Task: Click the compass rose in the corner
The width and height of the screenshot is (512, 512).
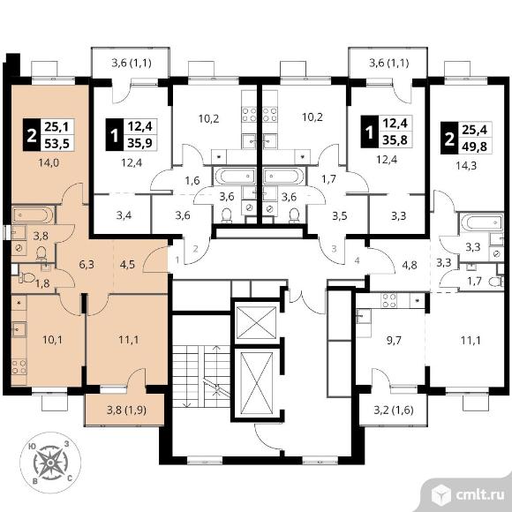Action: pos(50,463)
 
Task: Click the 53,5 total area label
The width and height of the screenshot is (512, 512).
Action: pos(57,143)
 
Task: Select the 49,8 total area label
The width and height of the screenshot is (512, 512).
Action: pos(474,147)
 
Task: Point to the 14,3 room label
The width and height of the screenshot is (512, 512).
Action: pos(466,166)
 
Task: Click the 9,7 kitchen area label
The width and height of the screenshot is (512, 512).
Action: pos(394,340)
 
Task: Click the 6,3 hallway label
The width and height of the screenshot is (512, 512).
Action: pos(87,264)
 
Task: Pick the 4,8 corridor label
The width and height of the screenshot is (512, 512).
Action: pos(410,265)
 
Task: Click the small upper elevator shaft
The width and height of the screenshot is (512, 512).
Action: pos(256,322)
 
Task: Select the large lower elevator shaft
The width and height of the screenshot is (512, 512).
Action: pos(256,383)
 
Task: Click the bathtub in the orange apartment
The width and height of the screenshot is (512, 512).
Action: pos(33,215)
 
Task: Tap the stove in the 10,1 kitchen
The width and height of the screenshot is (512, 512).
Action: pos(19,366)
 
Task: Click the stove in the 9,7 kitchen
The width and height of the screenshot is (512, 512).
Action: pos(389,300)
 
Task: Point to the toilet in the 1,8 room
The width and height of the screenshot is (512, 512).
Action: pos(26,277)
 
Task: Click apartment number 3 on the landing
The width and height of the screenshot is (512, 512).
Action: pos(334,249)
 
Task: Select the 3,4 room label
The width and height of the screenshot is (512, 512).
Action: pos(124,215)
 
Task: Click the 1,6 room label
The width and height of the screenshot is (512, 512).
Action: pos(192,180)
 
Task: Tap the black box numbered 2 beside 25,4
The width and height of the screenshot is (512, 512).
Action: pos(449,139)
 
